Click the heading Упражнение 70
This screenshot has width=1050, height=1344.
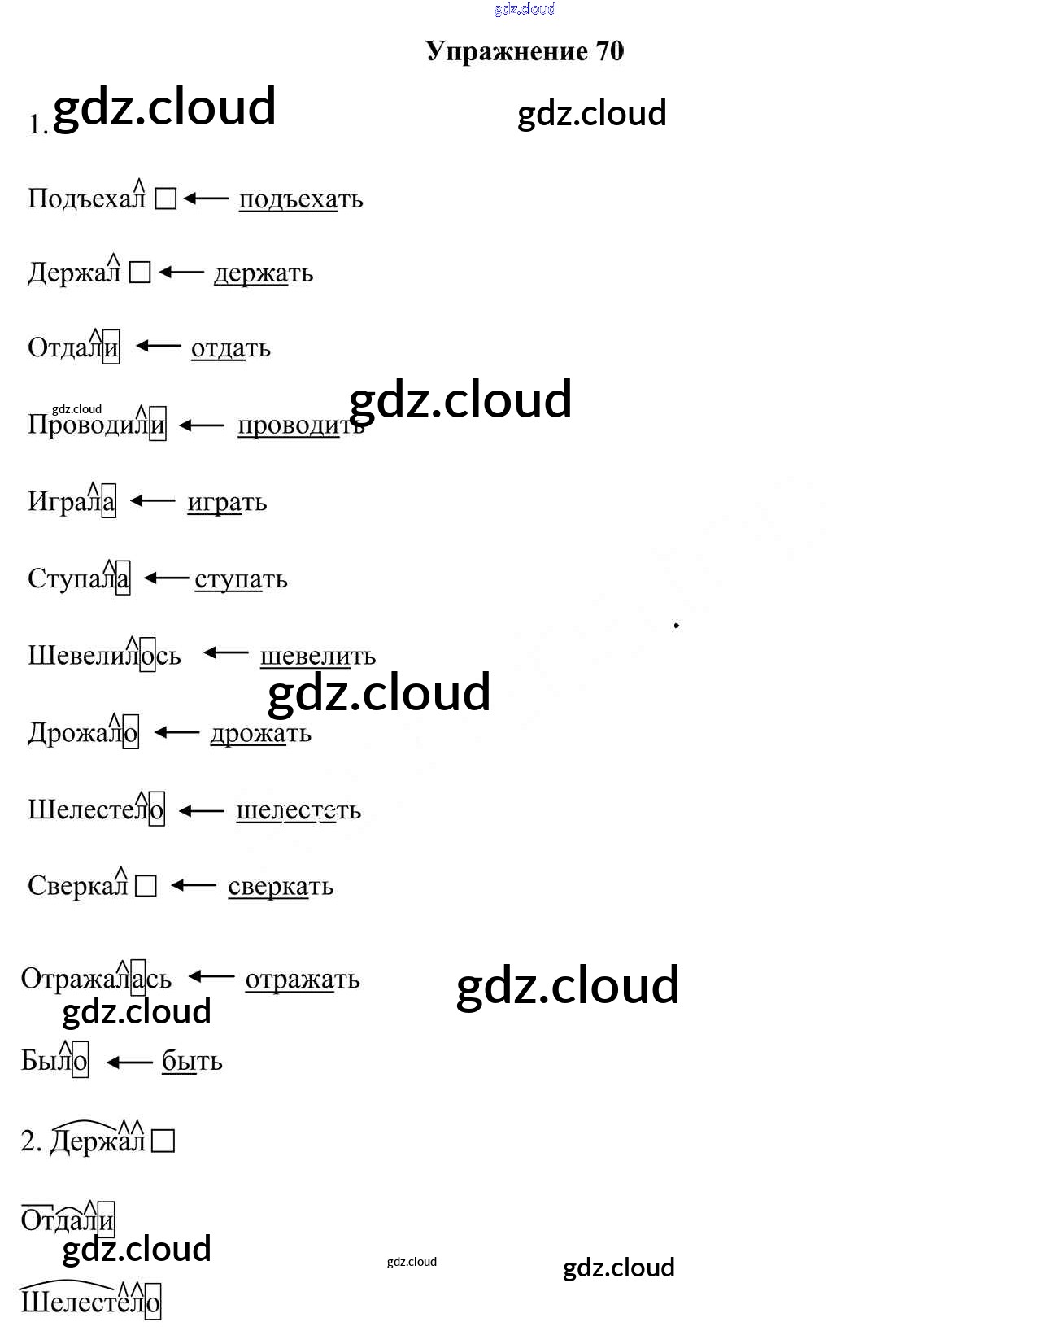525,51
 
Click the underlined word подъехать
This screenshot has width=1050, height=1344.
300,199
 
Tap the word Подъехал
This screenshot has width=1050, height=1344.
86,199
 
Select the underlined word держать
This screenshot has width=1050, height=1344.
263,273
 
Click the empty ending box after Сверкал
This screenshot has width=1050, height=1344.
146,886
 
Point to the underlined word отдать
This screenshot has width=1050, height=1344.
230,348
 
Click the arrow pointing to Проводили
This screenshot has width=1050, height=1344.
201,425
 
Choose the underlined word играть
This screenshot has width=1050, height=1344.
227,503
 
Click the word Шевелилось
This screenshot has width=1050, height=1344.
104,656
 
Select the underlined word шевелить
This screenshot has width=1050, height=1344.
317,656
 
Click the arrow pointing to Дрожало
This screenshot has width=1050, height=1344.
176,733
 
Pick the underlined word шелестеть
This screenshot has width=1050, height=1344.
298,810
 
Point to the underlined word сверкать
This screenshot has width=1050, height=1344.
281,887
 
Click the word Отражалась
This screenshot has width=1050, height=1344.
96,979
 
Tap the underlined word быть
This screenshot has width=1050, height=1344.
192,1061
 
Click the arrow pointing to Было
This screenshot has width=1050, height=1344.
129,1062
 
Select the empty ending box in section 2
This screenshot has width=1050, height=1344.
163,1141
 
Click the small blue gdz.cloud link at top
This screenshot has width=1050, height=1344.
525,9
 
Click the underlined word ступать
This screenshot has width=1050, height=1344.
241,579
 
